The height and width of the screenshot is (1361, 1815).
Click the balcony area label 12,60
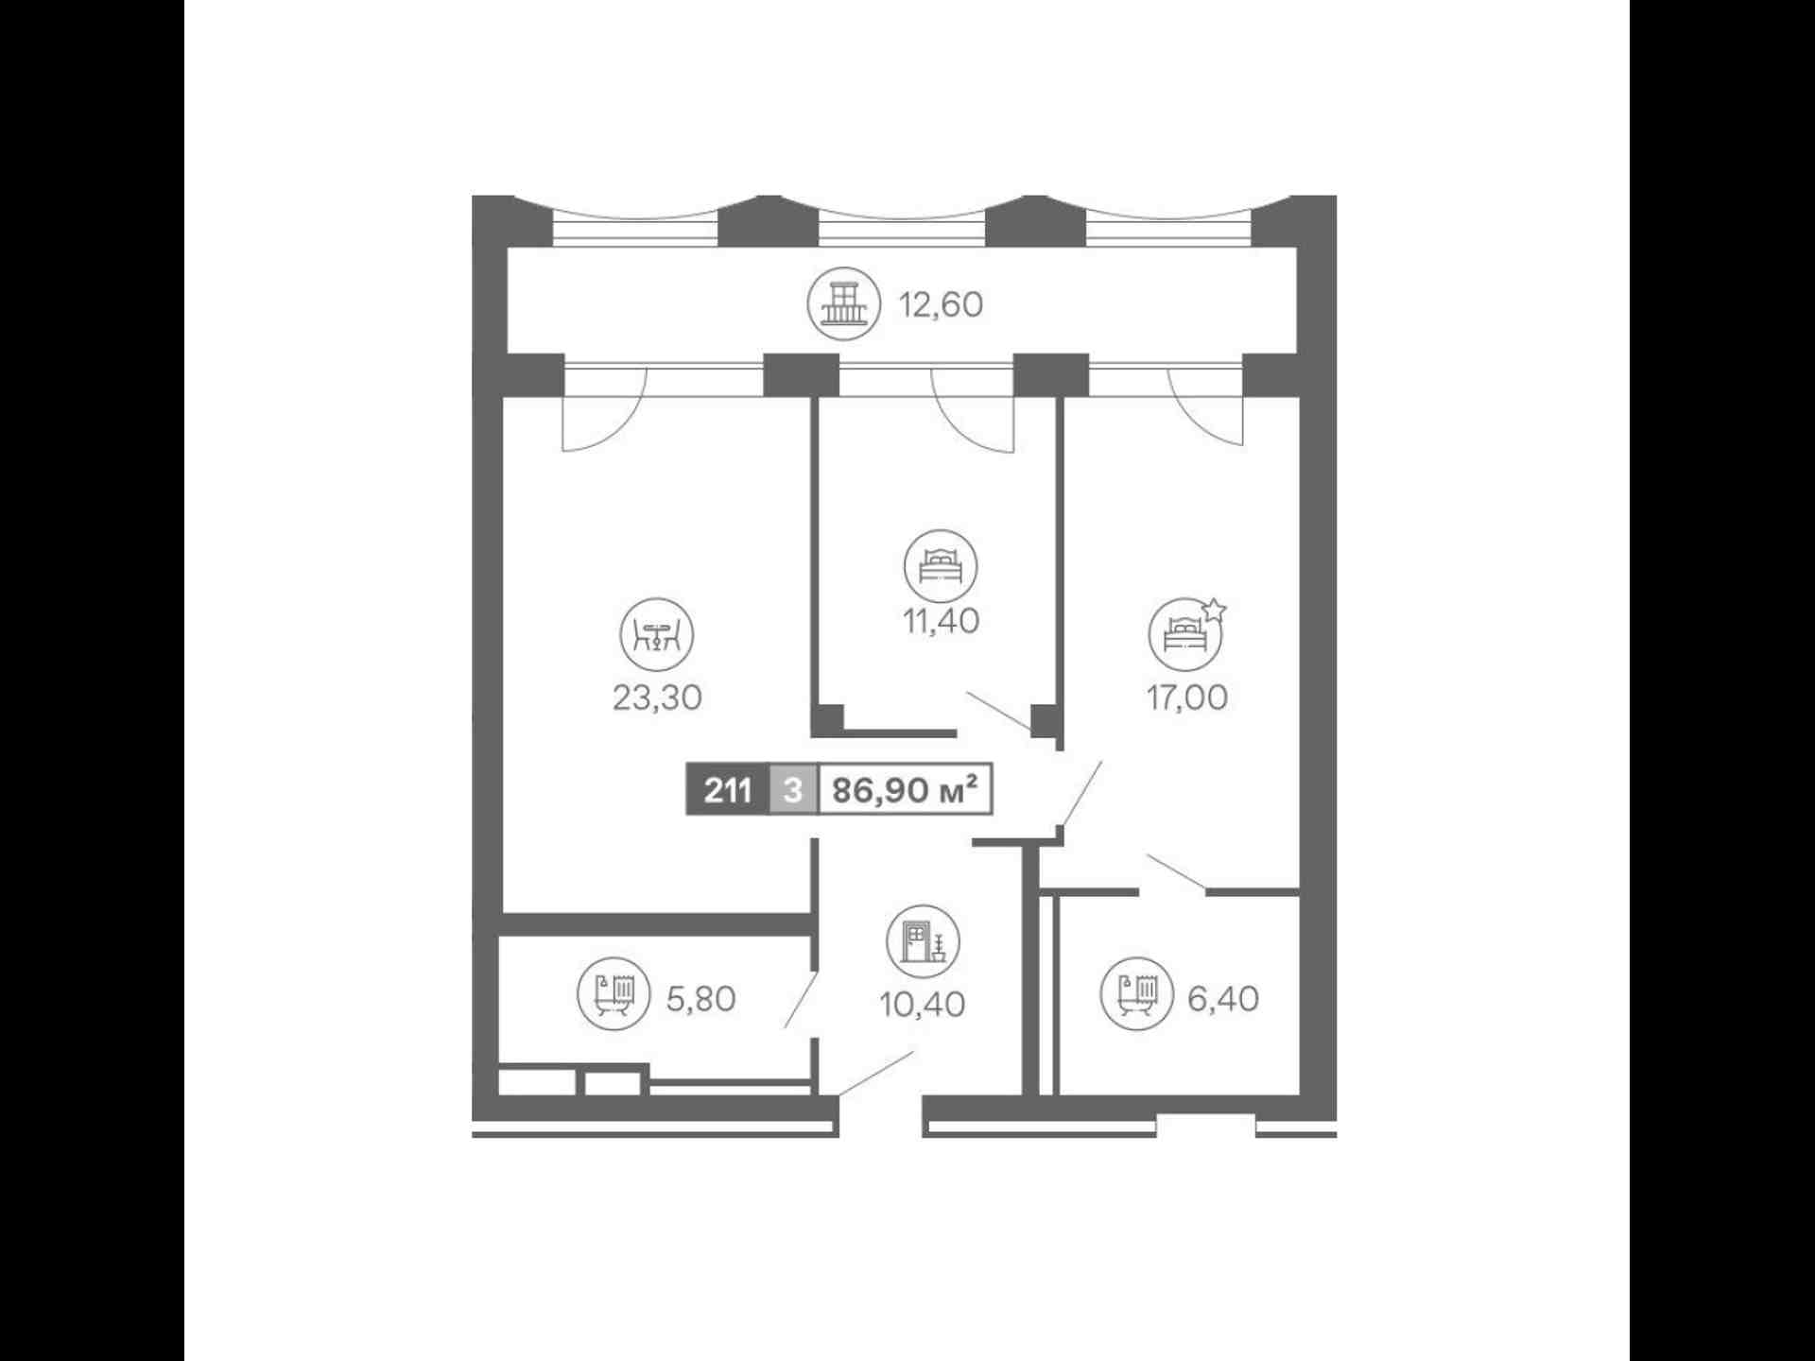tap(941, 305)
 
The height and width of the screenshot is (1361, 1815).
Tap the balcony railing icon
tap(843, 304)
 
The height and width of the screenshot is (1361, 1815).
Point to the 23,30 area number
tap(657, 698)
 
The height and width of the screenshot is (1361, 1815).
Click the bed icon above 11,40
tap(941, 566)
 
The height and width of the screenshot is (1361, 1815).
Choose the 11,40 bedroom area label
tap(941, 622)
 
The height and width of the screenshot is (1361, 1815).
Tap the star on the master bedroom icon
tap(1214, 610)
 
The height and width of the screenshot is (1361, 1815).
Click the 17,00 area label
tap(1186, 698)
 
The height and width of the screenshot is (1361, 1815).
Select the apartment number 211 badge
tap(728, 789)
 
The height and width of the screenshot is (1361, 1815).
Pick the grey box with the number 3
tap(793, 789)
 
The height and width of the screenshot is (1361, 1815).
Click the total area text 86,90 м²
tap(904, 789)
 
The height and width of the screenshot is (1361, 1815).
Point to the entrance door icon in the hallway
tap(923, 942)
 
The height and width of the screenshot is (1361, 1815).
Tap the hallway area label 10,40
tap(922, 1005)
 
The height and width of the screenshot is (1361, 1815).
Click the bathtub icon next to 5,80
tap(614, 994)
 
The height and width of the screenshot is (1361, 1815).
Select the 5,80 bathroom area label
tap(700, 999)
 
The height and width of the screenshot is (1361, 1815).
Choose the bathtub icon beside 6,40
tap(1137, 994)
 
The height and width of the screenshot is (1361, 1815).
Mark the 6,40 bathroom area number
tap(1223, 999)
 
